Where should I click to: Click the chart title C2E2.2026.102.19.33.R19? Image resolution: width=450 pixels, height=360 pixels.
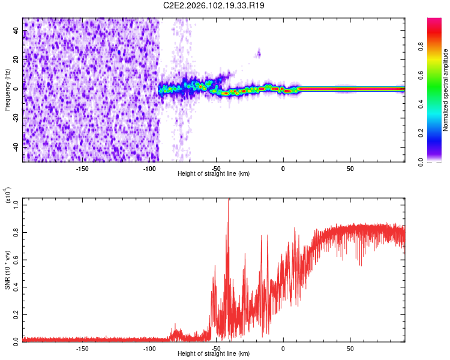click(x=214, y=5)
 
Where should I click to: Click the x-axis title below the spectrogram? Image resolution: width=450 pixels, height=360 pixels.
click(x=214, y=174)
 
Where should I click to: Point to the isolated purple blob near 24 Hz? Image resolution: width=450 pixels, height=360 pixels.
click(x=259, y=54)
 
